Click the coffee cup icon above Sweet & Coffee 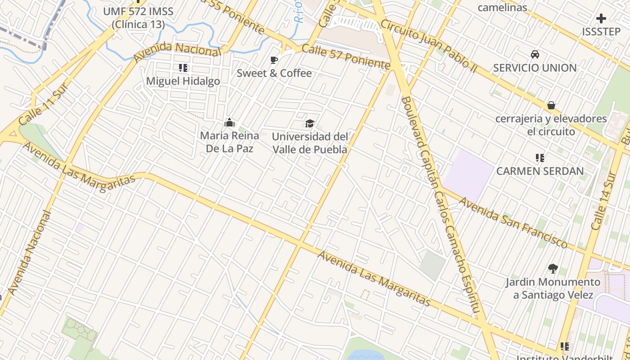274,60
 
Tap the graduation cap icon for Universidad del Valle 310,123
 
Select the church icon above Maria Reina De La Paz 229,122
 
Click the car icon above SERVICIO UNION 535,54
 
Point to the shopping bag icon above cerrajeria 551,106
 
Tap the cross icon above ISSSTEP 601,19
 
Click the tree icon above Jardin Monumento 553,269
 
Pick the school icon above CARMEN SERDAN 540,158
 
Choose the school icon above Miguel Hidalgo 183,68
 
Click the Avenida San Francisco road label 513,222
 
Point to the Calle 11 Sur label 44,104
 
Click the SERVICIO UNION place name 535,68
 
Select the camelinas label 502,7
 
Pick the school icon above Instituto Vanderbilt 564,346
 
